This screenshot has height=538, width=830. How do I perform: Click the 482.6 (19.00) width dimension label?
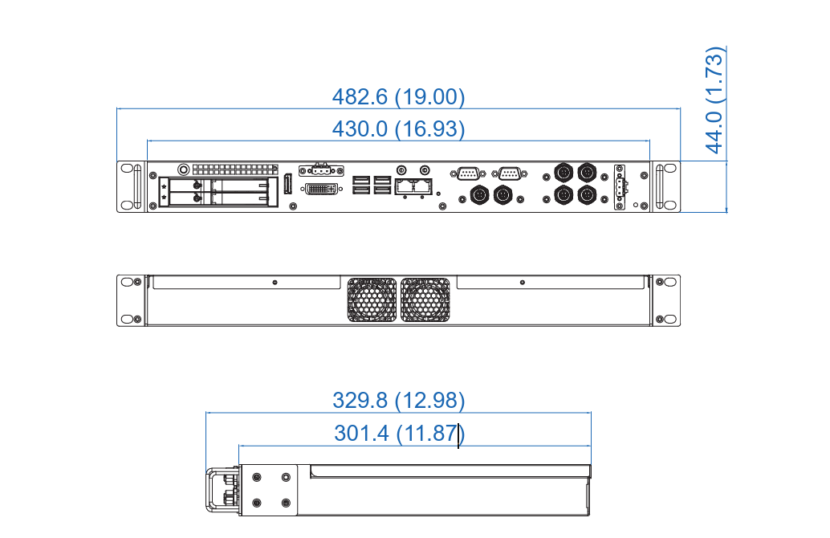[x=399, y=97]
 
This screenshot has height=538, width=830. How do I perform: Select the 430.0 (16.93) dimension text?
[x=399, y=128]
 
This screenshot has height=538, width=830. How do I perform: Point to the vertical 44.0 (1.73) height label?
[x=714, y=100]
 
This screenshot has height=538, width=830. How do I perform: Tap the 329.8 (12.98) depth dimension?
[x=399, y=401]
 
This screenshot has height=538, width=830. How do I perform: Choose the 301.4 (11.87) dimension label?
[x=400, y=433]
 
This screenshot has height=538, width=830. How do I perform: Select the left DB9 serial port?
[x=468, y=173]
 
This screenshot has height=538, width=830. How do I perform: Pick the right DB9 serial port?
[x=510, y=173]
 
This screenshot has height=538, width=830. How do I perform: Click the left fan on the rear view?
[x=372, y=300]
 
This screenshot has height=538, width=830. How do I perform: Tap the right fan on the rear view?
[x=425, y=300]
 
